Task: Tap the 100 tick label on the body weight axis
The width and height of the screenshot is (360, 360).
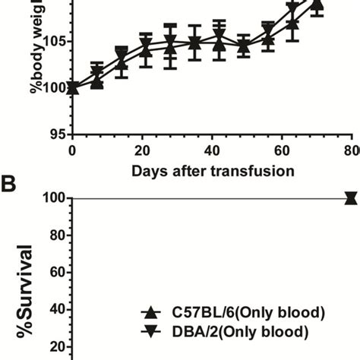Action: (x=50, y=88)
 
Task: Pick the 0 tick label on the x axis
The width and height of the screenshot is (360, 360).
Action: (x=72, y=150)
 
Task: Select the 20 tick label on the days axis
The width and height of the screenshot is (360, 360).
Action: (x=142, y=150)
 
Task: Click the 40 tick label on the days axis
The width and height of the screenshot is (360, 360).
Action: (x=212, y=150)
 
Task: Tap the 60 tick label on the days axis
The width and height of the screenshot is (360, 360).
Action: (x=282, y=150)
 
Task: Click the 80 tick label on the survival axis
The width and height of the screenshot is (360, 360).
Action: (x=54, y=235)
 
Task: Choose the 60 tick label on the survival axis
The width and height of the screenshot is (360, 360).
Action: (x=54, y=273)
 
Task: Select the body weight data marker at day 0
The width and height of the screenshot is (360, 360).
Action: (x=72, y=88)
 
